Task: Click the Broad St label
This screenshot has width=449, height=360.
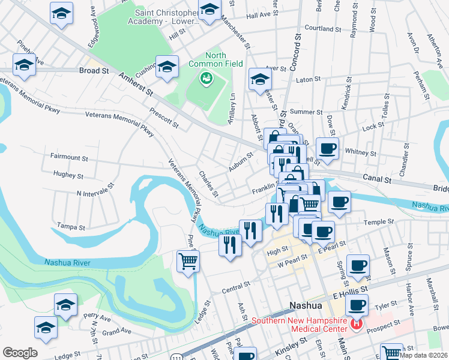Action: (x=94, y=70)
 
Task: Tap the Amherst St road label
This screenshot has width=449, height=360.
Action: (x=137, y=85)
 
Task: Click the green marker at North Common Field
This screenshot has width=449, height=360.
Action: (x=206, y=77)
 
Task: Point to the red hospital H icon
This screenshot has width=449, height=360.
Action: (x=357, y=325)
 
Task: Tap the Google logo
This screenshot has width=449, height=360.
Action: (x=20, y=353)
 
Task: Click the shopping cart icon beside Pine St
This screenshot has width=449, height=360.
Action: (x=188, y=262)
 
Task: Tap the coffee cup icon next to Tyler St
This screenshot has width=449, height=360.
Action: (x=357, y=304)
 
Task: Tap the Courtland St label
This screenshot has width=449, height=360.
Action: (x=323, y=28)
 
